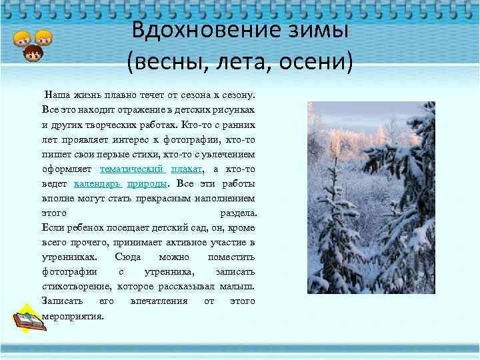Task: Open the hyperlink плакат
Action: (186, 169)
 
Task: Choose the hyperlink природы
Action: (147, 183)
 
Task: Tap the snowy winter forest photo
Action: (371, 197)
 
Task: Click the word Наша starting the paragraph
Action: (55, 95)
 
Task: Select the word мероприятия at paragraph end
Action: (73, 315)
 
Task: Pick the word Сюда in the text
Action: (127, 257)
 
